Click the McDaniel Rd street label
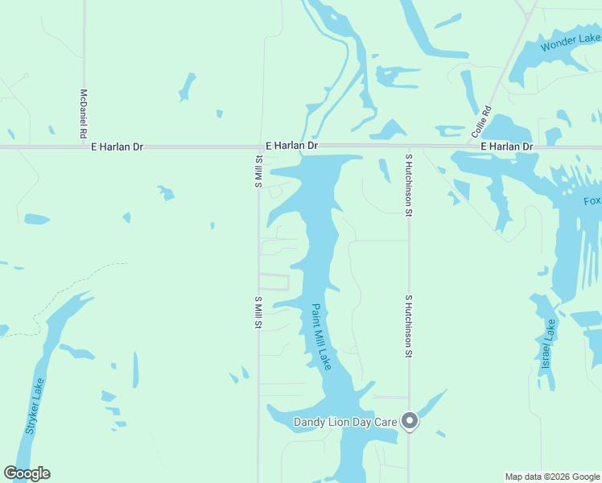83,114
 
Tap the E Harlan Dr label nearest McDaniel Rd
117,147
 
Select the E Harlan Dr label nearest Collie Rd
507,147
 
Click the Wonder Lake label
571,43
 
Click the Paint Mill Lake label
321,336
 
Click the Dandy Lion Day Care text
346,422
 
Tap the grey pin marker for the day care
410,421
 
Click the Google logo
27,473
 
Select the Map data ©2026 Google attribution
552,477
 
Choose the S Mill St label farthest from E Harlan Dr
258,312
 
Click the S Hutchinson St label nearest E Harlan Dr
409,184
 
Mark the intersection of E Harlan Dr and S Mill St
258,147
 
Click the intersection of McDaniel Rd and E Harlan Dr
83,147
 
